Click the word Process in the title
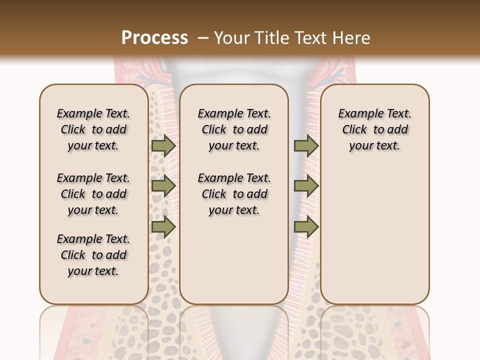pos(154,37)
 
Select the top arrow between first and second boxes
pos(163,145)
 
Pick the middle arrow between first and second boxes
pos(163,186)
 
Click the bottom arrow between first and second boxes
pos(163,227)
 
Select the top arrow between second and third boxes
pos(306,145)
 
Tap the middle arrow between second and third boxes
pos(306,186)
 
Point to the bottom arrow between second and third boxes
pos(306,227)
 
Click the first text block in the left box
pos(93,129)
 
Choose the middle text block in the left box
pos(93,194)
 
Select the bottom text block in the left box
pos(93,255)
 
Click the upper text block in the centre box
pos(234,129)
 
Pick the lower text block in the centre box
pos(234,194)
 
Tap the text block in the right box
pos(375,129)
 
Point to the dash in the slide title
pos(203,38)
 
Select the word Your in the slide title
pos(233,37)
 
